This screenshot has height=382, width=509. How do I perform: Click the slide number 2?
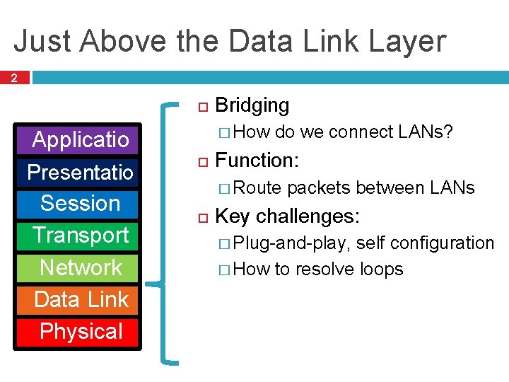pos(15,77)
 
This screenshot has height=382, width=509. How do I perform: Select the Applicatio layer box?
pos(80,139)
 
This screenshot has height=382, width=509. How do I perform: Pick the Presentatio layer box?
pos(80,172)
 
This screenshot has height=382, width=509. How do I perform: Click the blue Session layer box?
pos(80,203)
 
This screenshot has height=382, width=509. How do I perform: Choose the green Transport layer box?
pos(80,235)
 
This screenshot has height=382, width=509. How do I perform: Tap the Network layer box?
pos(80,267)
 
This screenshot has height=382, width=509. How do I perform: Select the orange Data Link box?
pos(80,299)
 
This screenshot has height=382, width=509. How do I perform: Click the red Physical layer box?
pos(80,331)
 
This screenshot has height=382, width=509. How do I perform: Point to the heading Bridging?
pos(252,105)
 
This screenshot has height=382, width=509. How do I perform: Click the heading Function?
pos(257,160)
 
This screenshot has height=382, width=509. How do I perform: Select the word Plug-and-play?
pos(290,243)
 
